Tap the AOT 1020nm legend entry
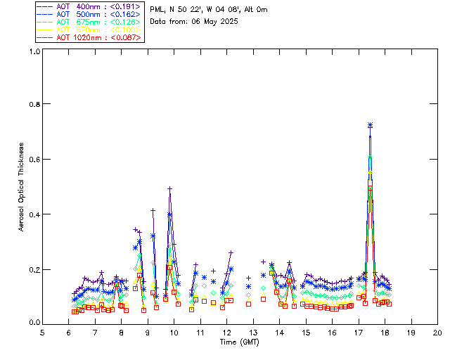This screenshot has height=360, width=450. pos(81,38)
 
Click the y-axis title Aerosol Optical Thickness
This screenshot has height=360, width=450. pos(22,187)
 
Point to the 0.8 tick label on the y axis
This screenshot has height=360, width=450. pos(33,104)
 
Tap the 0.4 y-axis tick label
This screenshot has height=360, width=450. pos(33,214)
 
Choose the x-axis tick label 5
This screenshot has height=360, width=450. pos(42,333)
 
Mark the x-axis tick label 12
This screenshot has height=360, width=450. pos(226,333)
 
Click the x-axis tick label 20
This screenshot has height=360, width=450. pos(437,333)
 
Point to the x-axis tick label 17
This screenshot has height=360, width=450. pos(358,333)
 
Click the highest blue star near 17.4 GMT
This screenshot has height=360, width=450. pos(370,125)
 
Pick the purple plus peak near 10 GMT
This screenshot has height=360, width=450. pos(170,188)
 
